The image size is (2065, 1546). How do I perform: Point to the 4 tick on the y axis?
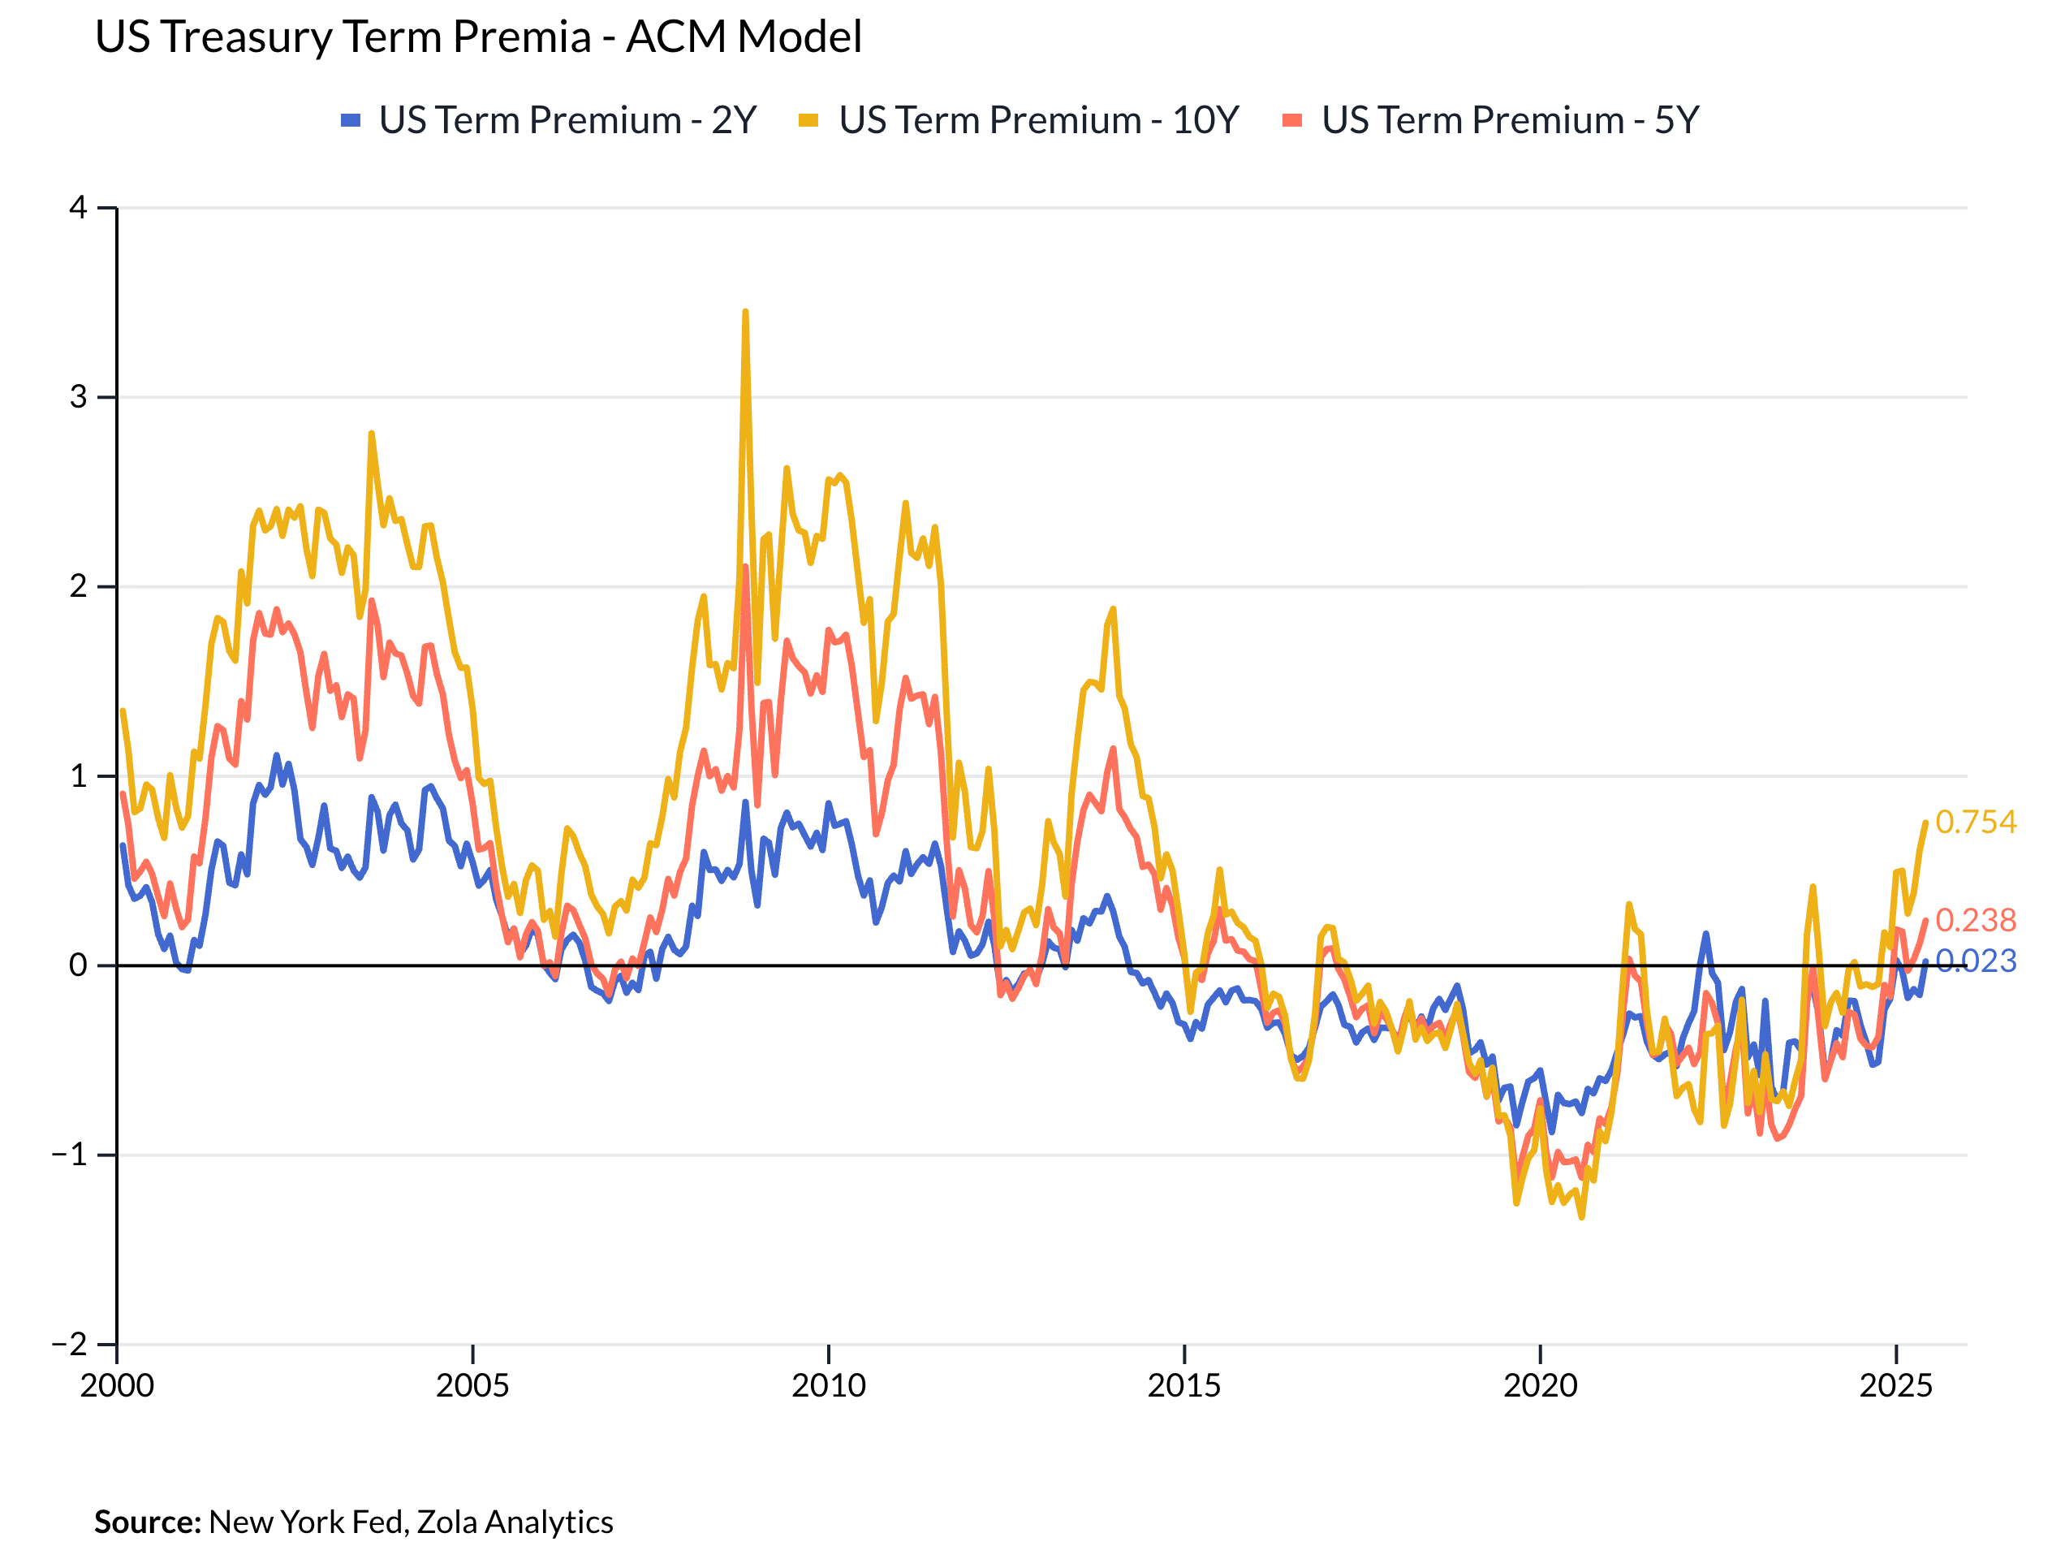click(x=79, y=207)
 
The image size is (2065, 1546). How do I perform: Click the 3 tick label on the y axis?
click(x=79, y=397)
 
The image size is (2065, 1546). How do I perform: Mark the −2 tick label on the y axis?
click(x=69, y=1345)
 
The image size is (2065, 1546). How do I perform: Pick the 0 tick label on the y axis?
click(x=79, y=965)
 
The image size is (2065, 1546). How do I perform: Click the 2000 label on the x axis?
click(x=117, y=1385)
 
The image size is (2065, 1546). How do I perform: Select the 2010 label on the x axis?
click(x=828, y=1385)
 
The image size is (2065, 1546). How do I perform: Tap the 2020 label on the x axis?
click(x=1541, y=1385)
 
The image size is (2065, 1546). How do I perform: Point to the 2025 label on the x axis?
click(x=1896, y=1385)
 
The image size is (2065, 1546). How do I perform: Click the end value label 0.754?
click(x=1976, y=822)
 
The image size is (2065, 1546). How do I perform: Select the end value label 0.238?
click(x=1976, y=921)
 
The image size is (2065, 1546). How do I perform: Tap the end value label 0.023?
click(x=1976, y=961)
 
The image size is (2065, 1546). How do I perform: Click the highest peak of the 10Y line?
click(x=745, y=312)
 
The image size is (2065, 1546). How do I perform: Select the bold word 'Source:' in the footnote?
click(x=148, y=1522)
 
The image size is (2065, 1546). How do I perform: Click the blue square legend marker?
click(x=351, y=120)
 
